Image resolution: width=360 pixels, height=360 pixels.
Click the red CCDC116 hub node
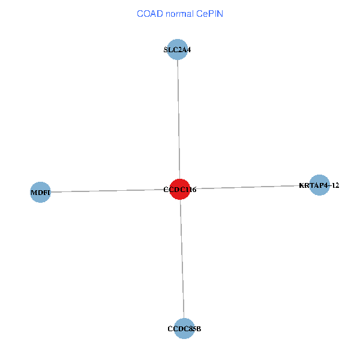click(x=180, y=189)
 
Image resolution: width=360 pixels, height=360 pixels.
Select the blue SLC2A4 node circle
click(x=178, y=50)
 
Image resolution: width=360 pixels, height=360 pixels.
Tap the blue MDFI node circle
click(x=40, y=193)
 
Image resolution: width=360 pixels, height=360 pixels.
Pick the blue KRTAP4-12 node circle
click(x=320, y=185)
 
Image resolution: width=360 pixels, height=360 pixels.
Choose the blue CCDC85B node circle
click(x=184, y=328)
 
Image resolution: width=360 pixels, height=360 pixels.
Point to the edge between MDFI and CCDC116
click(x=108, y=191)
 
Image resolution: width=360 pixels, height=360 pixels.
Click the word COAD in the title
click(x=149, y=13)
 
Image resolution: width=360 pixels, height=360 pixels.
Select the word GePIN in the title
click(x=210, y=13)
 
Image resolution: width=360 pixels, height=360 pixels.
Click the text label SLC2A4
click(x=178, y=50)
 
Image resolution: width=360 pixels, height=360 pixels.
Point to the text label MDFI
click(x=40, y=193)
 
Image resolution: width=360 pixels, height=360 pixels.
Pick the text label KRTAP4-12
click(x=319, y=185)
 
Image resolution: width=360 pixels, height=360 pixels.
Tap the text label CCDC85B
click(x=184, y=329)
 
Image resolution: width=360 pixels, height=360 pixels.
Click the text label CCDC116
click(x=180, y=190)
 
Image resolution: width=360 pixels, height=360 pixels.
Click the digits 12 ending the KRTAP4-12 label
click(x=335, y=185)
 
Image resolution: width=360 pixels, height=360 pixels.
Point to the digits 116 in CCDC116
click(x=190, y=190)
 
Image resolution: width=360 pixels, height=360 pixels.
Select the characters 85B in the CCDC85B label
click(x=194, y=329)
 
